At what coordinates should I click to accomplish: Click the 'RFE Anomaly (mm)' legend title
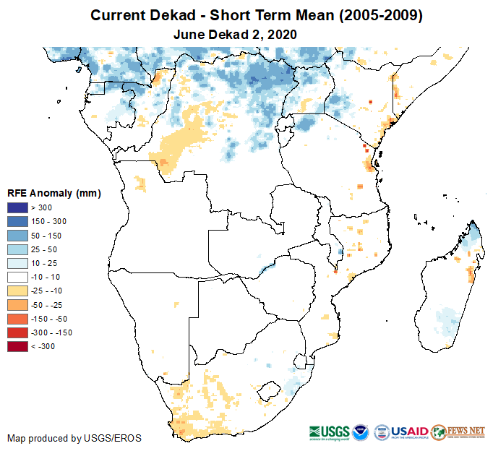tap(53, 193)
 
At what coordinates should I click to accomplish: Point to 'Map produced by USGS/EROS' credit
tap(74, 438)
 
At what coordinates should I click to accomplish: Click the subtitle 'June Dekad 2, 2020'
tap(236, 34)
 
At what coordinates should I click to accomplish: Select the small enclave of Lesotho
tap(272, 390)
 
